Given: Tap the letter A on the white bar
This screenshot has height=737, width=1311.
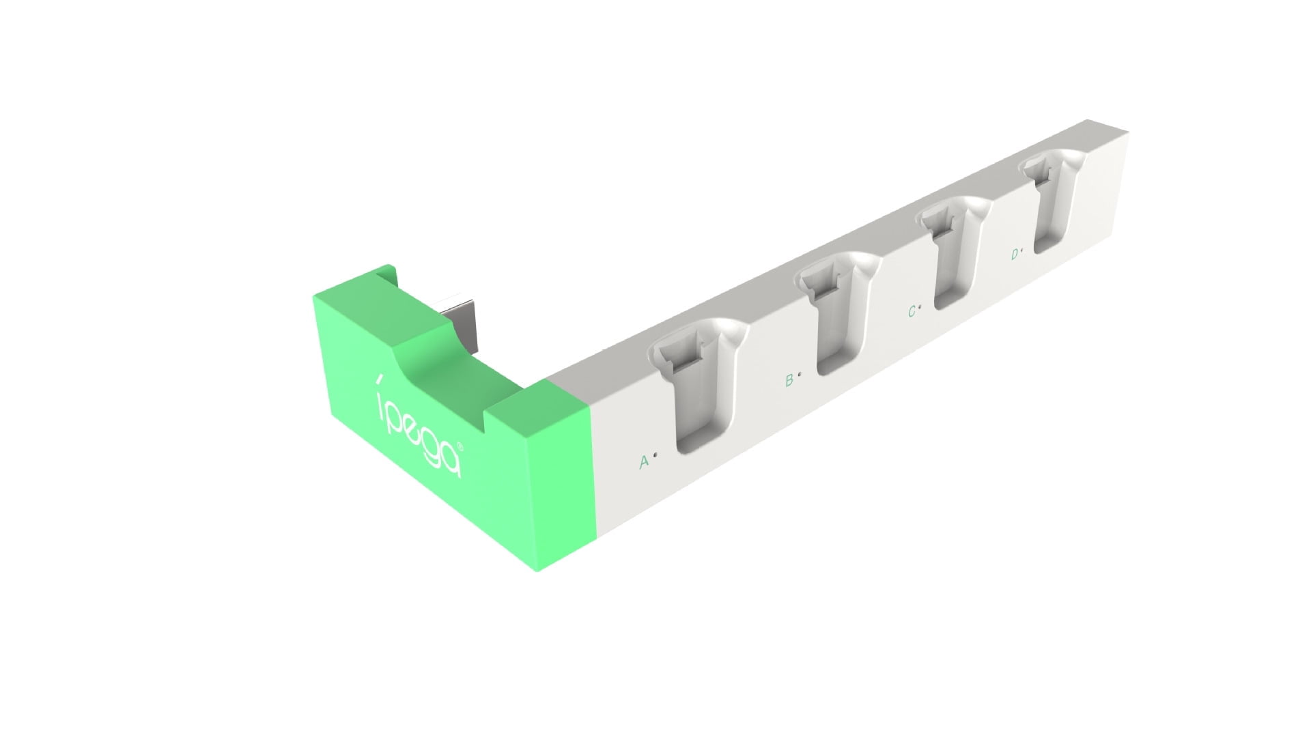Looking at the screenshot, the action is [x=643, y=463].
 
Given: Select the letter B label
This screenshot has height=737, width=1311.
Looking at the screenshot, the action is [x=789, y=380].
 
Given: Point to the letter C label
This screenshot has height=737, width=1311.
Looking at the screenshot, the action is [x=912, y=312].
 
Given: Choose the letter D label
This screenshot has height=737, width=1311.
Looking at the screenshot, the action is [x=1015, y=255].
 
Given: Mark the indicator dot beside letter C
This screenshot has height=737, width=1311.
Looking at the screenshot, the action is [x=920, y=308].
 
